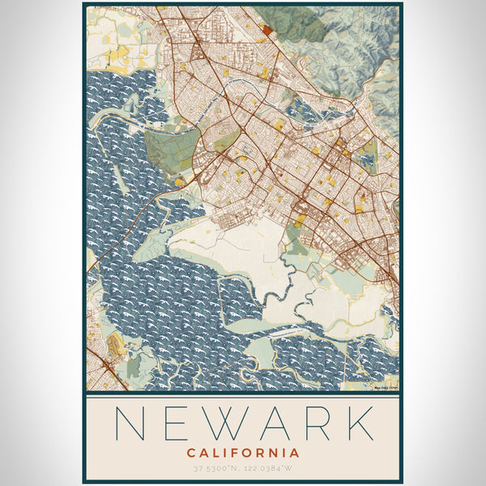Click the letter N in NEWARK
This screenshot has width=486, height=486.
coord(134,424)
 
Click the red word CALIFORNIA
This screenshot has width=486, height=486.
coord(242,453)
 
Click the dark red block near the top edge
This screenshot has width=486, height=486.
coord(268,30)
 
